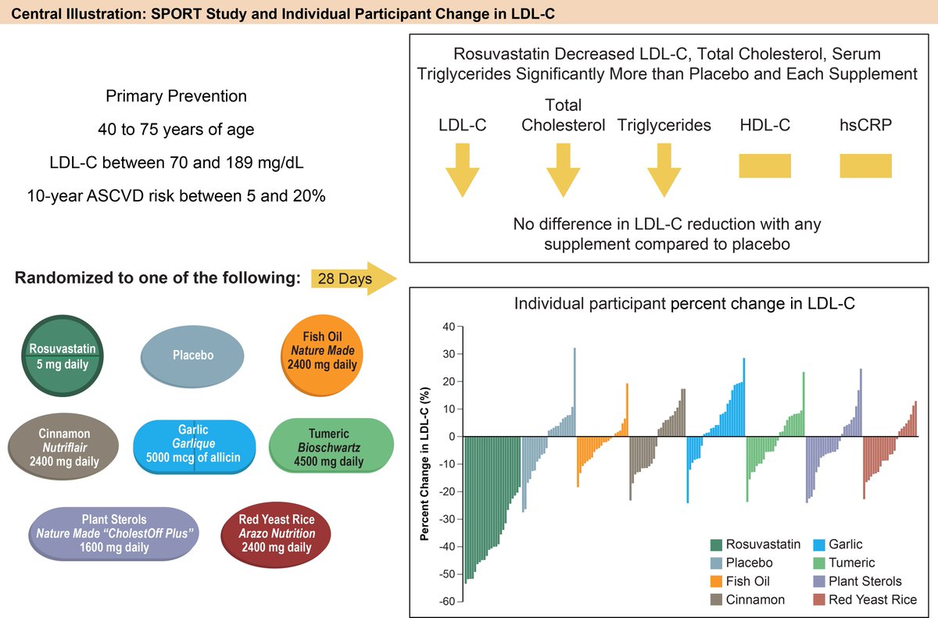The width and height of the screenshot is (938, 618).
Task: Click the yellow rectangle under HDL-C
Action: click(764, 166)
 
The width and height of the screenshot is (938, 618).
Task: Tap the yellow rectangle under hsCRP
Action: click(865, 166)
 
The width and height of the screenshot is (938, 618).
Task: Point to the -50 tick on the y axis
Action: click(447, 574)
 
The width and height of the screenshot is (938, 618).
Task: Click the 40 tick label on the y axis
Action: click(449, 327)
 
